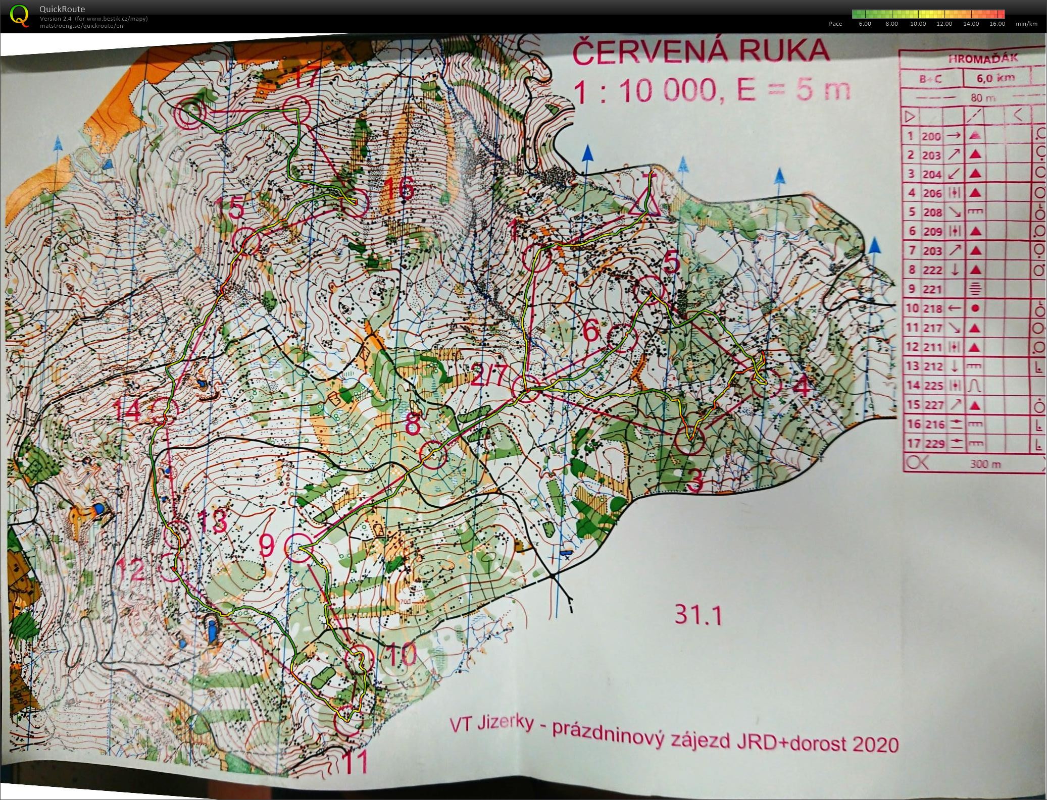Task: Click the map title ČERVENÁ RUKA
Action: (701, 51)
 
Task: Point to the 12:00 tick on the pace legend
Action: (944, 24)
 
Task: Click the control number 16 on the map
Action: (399, 189)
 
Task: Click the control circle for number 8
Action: (434, 454)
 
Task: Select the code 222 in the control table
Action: (932, 270)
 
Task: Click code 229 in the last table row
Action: (932, 444)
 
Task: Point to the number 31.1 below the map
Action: (698, 616)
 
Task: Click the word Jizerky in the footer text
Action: (505, 724)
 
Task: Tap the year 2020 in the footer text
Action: (875, 745)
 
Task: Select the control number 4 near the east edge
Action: (802, 388)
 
